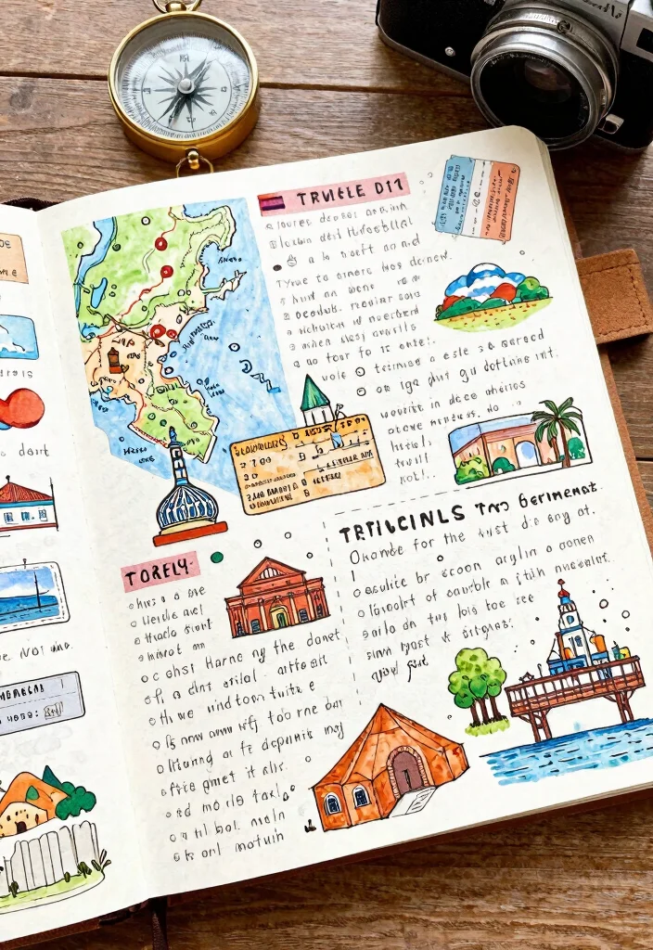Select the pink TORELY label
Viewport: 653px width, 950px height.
[x=160, y=572]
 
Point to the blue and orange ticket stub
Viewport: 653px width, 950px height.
[x=477, y=198]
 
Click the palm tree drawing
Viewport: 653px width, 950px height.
[x=559, y=429]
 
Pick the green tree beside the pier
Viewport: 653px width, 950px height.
[x=477, y=687]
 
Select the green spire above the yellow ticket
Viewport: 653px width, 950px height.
[x=315, y=397]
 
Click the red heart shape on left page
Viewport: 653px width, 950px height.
[x=22, y=408]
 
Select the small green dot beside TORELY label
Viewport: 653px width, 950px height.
[x=216, y=558]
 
